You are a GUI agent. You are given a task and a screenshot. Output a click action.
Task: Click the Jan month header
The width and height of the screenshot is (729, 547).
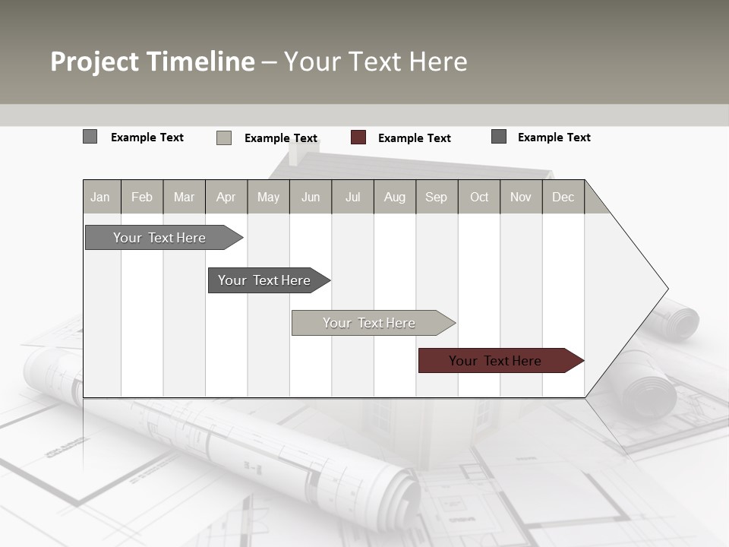(100, 197)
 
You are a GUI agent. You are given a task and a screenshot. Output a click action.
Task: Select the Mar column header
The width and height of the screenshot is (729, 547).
(184, 197)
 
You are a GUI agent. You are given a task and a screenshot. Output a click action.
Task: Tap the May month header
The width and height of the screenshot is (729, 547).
(268, 197)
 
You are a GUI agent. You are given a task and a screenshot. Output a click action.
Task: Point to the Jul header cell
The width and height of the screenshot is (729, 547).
(352, 197)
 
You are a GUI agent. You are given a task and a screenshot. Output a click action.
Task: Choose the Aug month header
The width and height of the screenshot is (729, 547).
(395, 197)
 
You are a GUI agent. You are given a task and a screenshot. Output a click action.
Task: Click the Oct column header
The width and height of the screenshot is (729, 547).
(479, 197)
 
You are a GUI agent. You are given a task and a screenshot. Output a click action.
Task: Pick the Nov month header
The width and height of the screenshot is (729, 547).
(521, 197)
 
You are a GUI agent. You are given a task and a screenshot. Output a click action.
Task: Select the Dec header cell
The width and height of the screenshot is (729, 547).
(563, 197)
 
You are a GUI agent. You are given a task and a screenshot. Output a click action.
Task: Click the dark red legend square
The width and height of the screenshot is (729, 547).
(358, 138)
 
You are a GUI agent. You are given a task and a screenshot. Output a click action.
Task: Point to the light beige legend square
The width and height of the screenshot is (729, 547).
(224, 138)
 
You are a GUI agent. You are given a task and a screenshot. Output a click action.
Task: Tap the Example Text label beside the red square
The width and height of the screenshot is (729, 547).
(414, 138)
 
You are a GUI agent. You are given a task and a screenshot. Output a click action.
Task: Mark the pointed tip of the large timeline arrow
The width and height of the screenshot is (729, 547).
(667, 289)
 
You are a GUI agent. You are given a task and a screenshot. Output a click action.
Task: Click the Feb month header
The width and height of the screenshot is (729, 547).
(142, 197)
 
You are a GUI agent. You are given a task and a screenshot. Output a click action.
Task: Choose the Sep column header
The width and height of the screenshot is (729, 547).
(436, 197)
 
